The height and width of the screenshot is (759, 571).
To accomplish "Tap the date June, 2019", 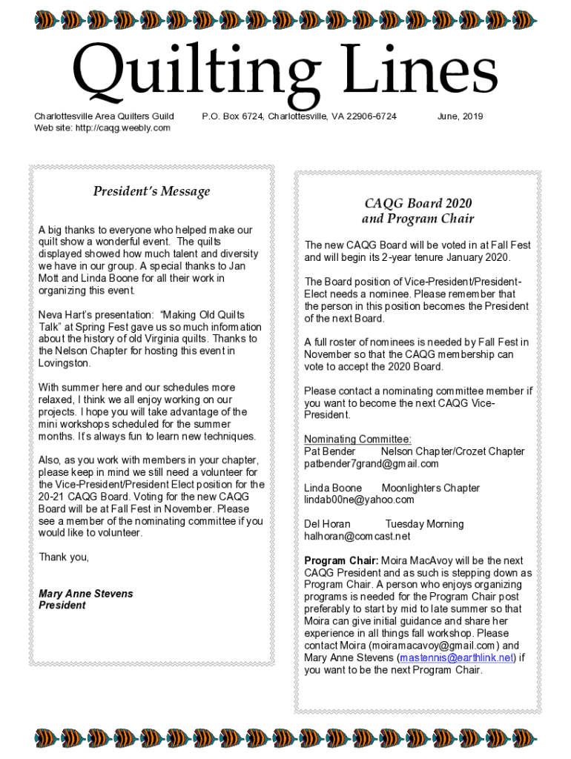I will pos(460,116).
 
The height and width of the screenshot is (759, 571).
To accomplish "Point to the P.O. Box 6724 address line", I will pos(299,116).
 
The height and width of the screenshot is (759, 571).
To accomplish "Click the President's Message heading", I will pos(151,191).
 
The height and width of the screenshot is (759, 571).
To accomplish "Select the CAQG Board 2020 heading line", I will pos(417,203).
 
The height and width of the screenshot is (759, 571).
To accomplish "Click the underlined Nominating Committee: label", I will pos(357,440).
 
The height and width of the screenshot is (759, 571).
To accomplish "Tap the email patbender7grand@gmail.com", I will pos(371,464).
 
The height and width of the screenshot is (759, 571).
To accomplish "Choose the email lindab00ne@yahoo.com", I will pos(359,500).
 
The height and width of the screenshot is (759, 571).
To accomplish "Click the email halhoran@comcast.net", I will pos(357,536).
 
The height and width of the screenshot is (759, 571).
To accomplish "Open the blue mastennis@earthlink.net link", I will pos(456,658).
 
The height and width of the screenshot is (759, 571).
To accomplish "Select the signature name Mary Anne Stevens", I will pos(85,594).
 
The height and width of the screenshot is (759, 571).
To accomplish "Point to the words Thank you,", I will pos(64,557).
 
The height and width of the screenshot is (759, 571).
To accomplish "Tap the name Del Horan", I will pos(327,524).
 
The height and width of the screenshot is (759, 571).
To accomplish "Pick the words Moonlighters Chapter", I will pos(430,488).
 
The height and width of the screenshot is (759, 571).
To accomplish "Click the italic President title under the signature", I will pos(62,606).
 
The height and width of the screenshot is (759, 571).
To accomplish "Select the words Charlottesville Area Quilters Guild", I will pos(104,116).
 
